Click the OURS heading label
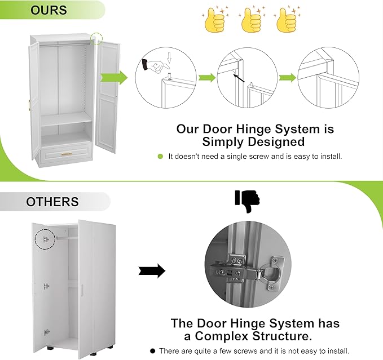point(49,10)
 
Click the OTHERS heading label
point(52,202)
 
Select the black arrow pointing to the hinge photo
point(152,271)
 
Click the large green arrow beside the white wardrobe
point(114,78)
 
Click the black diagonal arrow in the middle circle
point(239,78)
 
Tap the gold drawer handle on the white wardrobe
point(67,154)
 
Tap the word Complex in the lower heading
point(222,336)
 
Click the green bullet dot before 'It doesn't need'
point(160,157)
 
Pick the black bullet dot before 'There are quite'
point(153,351)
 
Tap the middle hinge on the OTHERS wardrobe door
point(46,286)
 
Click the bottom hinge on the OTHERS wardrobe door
point(47,332)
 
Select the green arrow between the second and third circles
point(288,78)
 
